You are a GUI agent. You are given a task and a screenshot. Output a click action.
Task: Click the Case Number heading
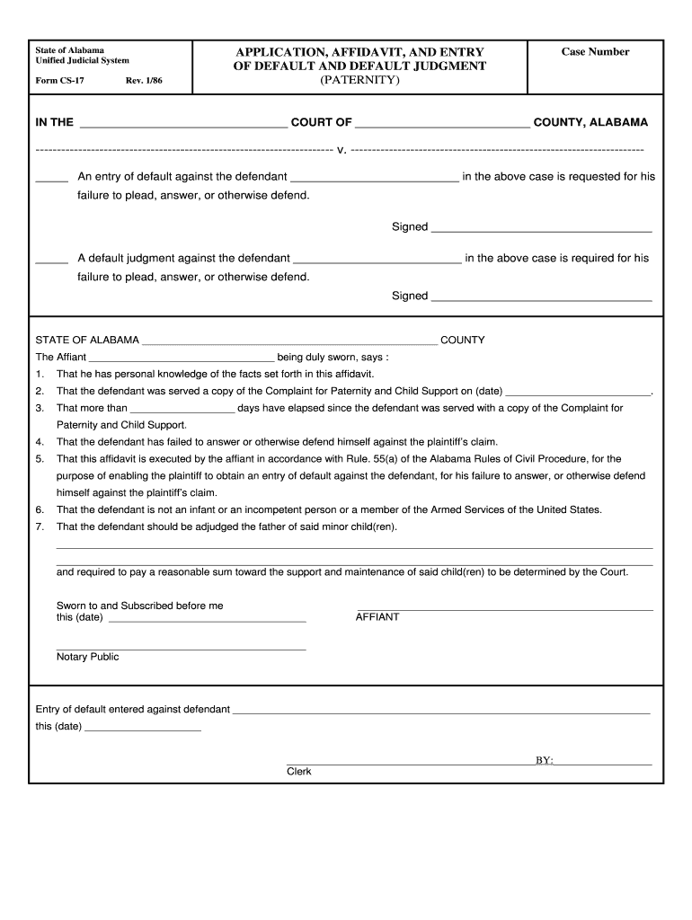point(595,52)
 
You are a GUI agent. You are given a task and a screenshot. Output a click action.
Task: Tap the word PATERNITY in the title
point(359,80)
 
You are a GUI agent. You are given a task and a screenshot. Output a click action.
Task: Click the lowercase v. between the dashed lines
point(342,149)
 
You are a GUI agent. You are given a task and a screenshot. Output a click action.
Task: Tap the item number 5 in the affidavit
point(40,459)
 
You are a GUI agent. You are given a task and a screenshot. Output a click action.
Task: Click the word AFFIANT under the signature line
point(377,617)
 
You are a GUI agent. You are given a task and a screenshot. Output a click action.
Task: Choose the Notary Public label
point(87,657)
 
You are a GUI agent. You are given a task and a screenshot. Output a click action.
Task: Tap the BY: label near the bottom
point(545,761)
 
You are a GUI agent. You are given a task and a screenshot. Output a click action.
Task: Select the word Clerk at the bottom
point(299,772)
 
